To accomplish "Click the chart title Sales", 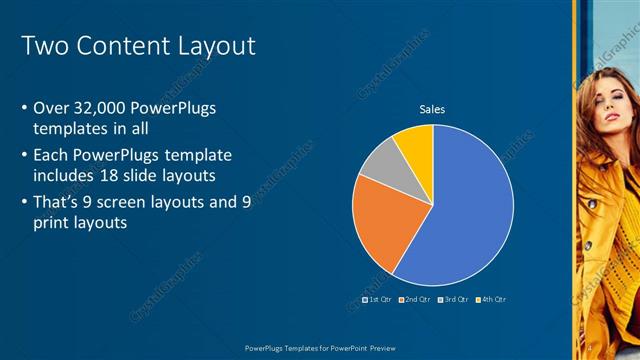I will [432, 109].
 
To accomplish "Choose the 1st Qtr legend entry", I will [377, 299].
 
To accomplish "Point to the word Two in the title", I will [43, 46].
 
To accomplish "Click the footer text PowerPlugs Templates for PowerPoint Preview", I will [320, 349].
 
